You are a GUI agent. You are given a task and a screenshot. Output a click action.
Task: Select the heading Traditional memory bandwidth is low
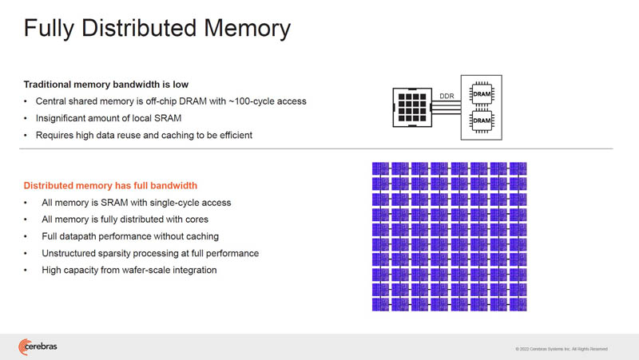click(106, 85)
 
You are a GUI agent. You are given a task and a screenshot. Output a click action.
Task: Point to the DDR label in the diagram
click(447, 97)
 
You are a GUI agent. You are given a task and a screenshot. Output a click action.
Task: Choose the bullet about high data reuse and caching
click(144, 135)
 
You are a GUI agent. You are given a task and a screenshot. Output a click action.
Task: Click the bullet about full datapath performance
click(130, 236)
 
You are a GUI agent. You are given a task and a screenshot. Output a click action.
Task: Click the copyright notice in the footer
click(562, 349)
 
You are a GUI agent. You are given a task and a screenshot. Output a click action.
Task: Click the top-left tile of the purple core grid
click(381, 168)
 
